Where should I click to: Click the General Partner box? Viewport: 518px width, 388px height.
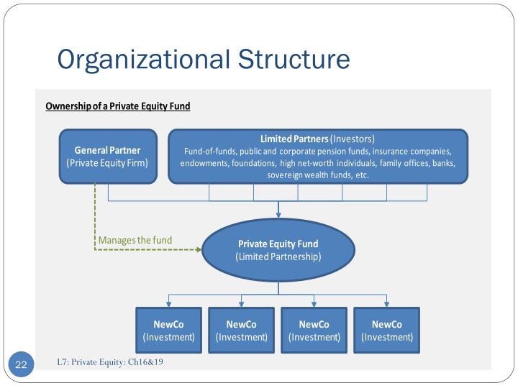(108, 156)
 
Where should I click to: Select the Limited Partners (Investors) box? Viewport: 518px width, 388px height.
(317, 156)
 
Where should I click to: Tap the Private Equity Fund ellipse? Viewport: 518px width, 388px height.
(278, 250)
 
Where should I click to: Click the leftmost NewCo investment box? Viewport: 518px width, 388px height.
(169, 331)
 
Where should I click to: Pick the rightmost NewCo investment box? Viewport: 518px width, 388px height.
(387, 331)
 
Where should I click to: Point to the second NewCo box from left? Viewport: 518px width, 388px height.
(242, 331)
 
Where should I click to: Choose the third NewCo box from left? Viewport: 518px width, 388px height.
(314, 331)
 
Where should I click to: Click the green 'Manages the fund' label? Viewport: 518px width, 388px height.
(135, 240)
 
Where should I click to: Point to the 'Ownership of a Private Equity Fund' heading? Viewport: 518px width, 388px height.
(118, 106)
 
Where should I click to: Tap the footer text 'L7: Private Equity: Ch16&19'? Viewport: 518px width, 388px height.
(110, 361)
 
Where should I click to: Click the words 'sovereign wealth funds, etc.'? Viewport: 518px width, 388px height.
(318, 175)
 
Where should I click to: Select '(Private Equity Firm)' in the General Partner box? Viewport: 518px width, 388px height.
(108, 162)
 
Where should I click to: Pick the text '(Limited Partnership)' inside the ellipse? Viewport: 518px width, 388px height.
(278, 257)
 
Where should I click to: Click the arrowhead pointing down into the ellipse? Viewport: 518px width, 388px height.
(278, 214)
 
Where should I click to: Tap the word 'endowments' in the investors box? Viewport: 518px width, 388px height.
(204, 163)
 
